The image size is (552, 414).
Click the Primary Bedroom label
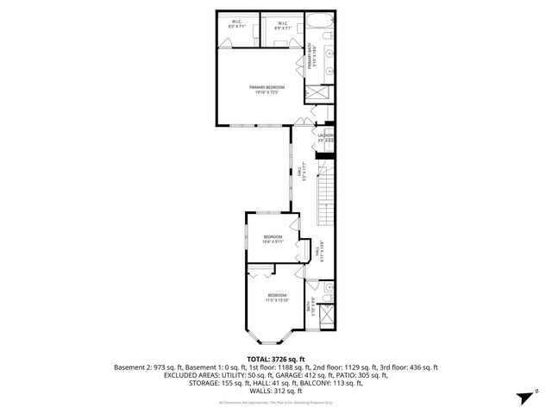click(x=267, y=90)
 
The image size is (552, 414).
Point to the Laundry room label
click(x=325, y=137)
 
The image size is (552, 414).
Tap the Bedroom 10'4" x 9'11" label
click(x=273, y=239)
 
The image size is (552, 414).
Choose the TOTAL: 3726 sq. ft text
click(x=275, y=359)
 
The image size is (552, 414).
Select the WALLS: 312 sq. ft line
click(x=276, y=391)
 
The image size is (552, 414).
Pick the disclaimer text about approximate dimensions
click(x=275, y=402)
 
